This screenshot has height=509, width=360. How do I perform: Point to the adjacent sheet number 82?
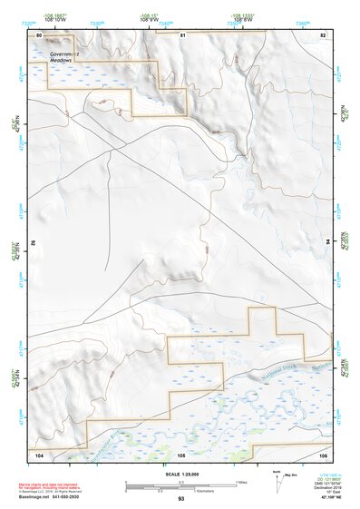(x=322, y=34)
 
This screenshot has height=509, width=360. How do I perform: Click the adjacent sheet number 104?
(x=39, y=454)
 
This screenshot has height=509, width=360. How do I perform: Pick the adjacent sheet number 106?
(x=323, y=454)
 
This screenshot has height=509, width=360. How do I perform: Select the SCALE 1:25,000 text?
(x=181, y=475)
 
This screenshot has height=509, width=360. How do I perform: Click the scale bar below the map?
(x=181, y=484)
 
